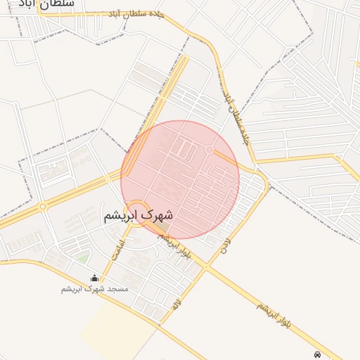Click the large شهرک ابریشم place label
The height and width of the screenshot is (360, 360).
click(x=138, y=216)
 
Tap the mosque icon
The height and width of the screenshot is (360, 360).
click(x=95, y=278)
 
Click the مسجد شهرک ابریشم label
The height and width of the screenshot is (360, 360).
click(x=95, y=289)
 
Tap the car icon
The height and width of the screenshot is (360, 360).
click(x=318, y=355)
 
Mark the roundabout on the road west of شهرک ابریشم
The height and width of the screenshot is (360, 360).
click(x=43, y=206)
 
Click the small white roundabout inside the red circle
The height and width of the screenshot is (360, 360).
click(x=210, y=150)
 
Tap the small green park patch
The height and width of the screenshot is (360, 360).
click(x=83, y=258)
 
